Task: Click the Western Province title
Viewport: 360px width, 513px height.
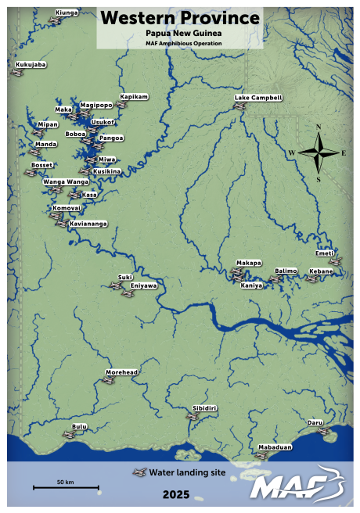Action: [180, 18]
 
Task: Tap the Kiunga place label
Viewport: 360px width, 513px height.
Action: [68, 13]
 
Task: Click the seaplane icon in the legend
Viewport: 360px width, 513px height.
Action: [139, 473]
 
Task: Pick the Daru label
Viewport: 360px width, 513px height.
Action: [315, 422]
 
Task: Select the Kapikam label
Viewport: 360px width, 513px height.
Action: [133, 96]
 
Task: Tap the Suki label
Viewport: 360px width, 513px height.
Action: [125, 277]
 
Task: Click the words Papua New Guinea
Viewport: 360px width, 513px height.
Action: [180, 34]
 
